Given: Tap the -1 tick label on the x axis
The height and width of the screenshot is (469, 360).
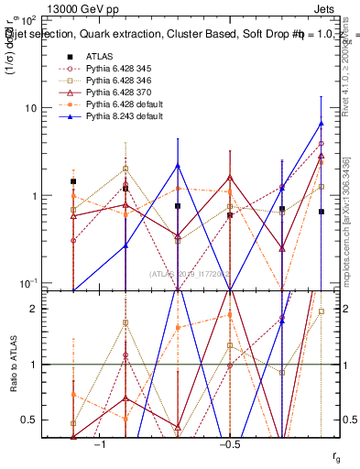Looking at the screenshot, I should pos(100,443).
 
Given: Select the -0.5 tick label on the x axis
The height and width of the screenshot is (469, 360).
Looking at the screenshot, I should pos(229,443).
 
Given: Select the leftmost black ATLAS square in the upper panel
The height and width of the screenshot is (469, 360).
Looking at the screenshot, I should pos(73,181).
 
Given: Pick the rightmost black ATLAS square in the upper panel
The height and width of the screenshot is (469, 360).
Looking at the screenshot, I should pos(321,212).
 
